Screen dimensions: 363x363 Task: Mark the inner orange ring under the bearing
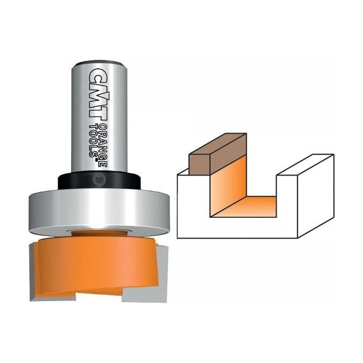[99, 233]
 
